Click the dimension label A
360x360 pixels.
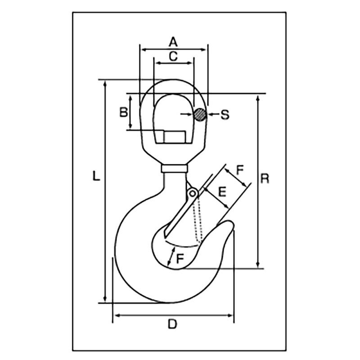173,42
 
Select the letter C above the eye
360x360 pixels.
173,56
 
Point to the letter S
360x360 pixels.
225,115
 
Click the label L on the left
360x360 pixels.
95,175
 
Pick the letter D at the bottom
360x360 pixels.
172,324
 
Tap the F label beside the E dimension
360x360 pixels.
240,170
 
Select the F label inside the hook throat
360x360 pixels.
179,258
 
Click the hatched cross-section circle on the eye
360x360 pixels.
200,115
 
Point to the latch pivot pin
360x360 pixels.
193,193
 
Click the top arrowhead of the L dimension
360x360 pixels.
105,84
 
